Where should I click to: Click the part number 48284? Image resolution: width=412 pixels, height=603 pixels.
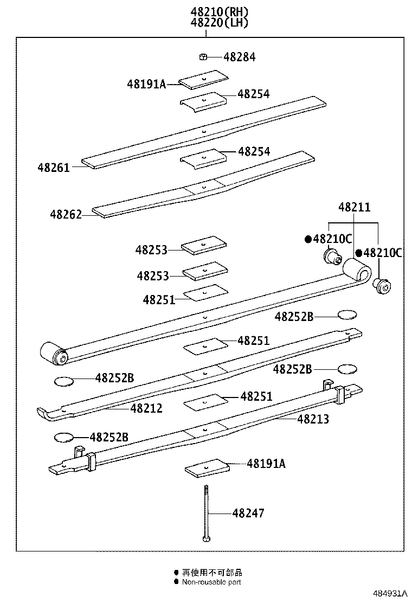(x=240, y=57)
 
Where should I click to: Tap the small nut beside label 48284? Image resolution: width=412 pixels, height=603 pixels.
(x=202, y=56)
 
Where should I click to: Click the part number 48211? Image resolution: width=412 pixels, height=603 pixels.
(x=355, y=207)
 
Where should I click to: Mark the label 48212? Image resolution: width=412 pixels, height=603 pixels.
(x=146, y=408)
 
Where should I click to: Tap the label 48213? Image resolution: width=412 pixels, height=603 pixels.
(x=313, y=419)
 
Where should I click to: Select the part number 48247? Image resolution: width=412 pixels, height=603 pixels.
(x=248, y=513)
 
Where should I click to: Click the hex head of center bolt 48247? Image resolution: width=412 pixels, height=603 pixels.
(x=206, y=538)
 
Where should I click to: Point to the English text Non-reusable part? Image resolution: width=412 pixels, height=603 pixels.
(x=211, y=582)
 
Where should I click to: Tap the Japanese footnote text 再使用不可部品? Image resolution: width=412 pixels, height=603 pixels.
(x=211, y=572)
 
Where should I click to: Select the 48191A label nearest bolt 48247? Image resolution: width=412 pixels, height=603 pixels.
(x=266, y=464)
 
